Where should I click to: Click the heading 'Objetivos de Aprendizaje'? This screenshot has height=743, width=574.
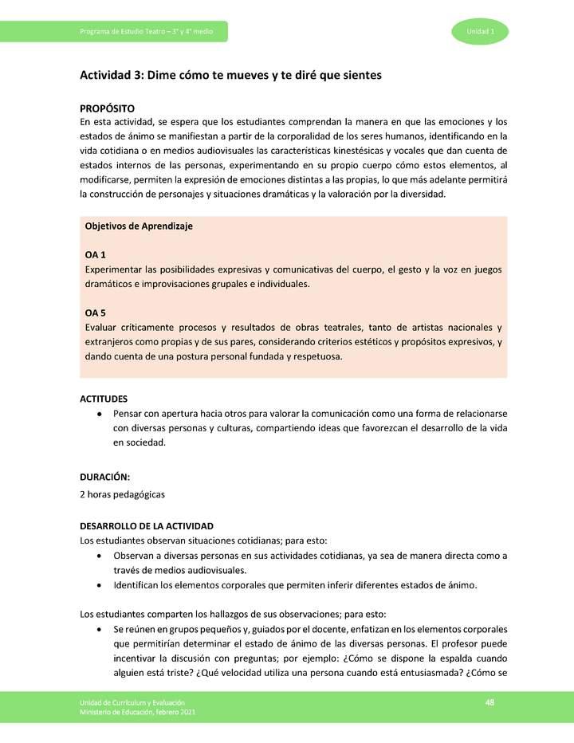pos(139,226)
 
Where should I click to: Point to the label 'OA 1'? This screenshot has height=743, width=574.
pos(96,255)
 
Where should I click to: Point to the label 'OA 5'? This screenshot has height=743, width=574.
pos(96,313)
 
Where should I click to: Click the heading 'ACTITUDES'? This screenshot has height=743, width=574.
pos(104,399)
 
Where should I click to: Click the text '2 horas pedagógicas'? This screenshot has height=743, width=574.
pos(123,494)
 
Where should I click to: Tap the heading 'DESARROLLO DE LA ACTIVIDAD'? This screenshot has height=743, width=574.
pos(146,526)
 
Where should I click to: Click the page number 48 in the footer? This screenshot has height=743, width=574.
pos(490,701)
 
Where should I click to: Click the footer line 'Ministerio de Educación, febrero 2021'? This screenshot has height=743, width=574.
pos(137,711)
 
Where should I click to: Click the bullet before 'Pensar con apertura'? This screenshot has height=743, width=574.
pos(98,415)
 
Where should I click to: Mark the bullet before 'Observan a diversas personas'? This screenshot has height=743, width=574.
pos(98,556)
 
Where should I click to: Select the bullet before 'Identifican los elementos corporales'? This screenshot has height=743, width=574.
pos(98,585)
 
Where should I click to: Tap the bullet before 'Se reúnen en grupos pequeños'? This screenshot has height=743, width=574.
pos(98,629)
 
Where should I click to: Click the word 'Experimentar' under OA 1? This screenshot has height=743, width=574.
pos(113,269)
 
